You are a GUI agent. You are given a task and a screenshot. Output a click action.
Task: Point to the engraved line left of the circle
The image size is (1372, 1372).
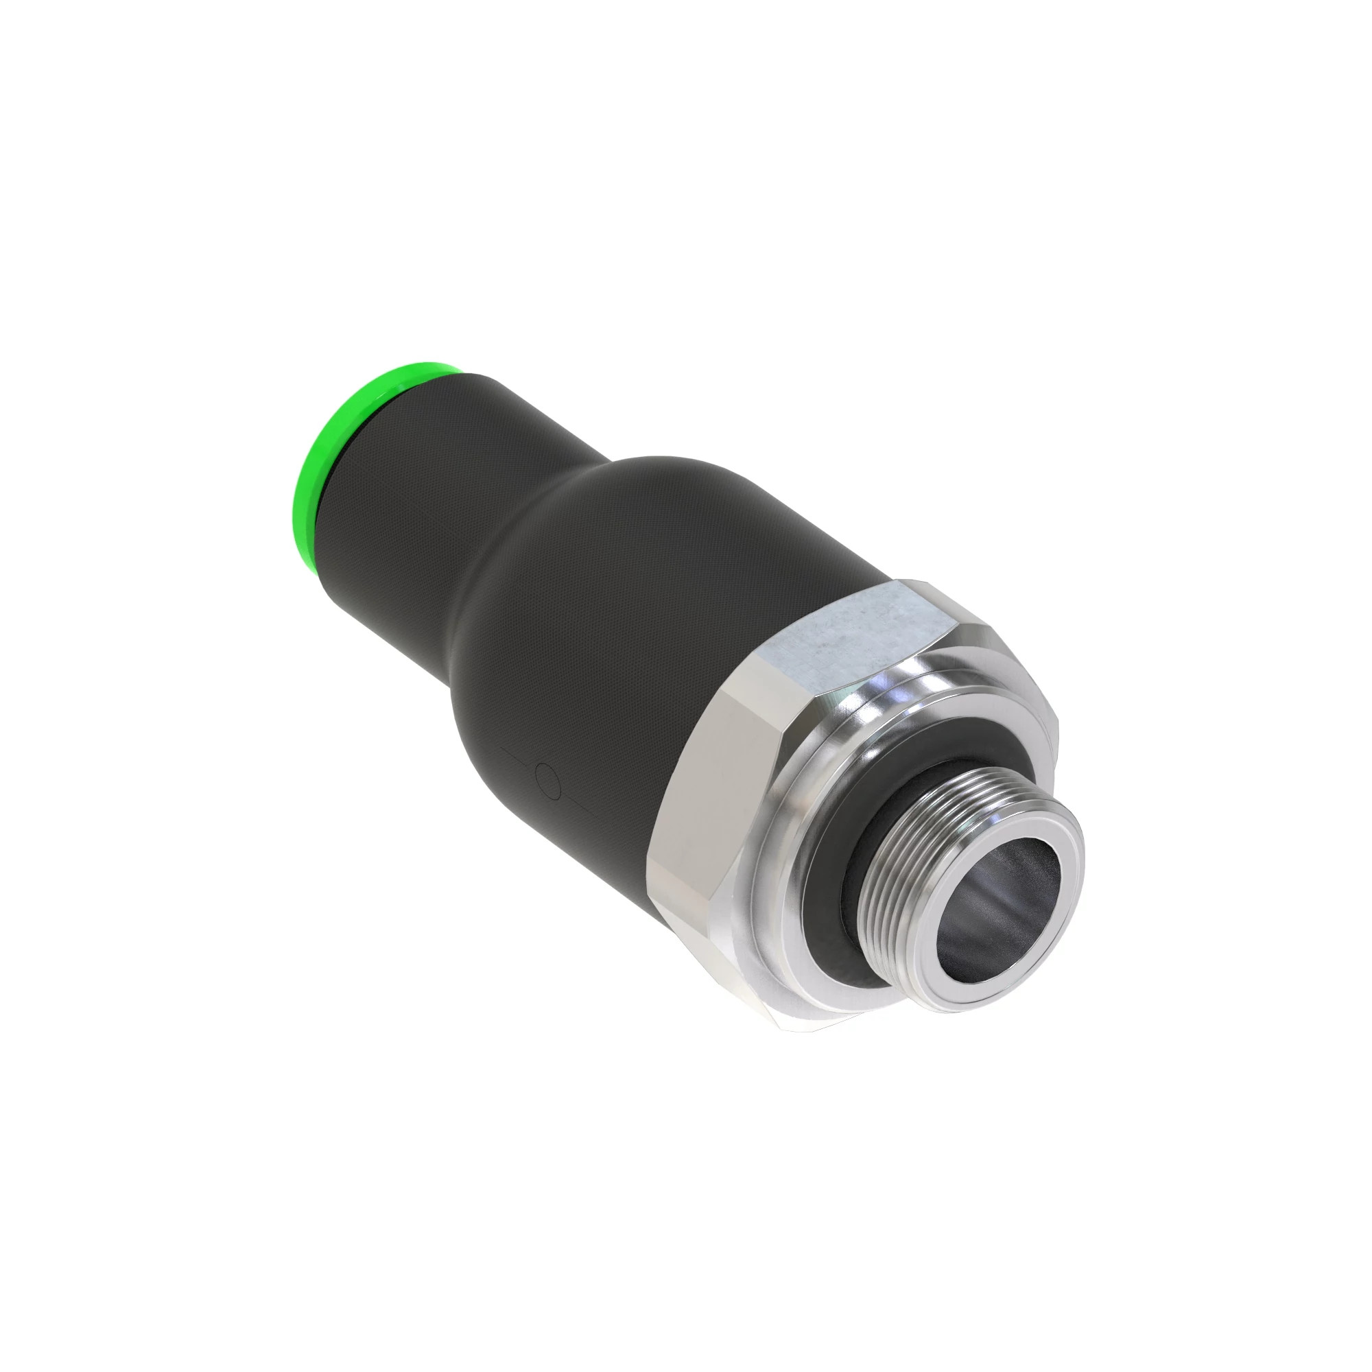pyautogui.click(x=517, y=756)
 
